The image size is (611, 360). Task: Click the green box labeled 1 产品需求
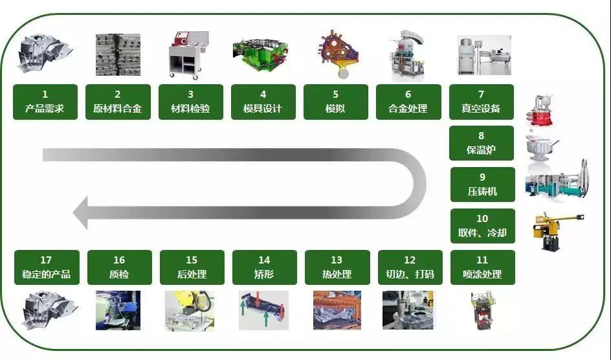coord(45,102)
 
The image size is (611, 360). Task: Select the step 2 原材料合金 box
coord(118,102)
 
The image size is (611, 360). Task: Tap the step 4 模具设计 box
coord(263,102)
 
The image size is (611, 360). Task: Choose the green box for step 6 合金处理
coord(408,102)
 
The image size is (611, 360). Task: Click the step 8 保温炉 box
coord(482,144)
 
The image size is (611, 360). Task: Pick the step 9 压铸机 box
coord(482,185)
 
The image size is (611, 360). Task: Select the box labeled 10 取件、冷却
coord(482,225)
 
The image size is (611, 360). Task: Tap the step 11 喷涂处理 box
coord(482,267)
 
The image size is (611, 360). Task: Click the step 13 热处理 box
coord(336,267)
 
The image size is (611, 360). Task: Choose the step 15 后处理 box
coord(191,267)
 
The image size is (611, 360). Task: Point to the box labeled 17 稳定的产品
coord(46,267)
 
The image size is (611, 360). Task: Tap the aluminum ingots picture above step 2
coord(118,55)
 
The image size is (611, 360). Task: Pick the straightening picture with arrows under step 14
coord(263,310)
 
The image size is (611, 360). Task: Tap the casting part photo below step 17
coord(45,309)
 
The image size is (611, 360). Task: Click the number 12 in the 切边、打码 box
coord(409,260)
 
